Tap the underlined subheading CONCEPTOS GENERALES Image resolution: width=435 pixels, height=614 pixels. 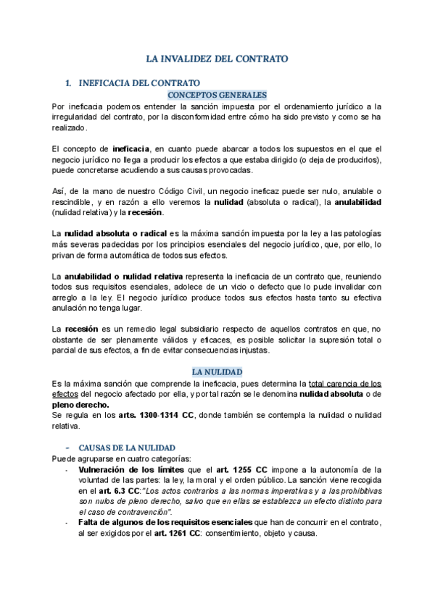pyautogui.click(x=217, y=95)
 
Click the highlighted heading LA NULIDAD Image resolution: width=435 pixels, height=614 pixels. pyautogui.click(x=217, y=371)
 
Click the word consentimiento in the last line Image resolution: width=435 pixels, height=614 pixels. pyautogui.click(x=233, y=534)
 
